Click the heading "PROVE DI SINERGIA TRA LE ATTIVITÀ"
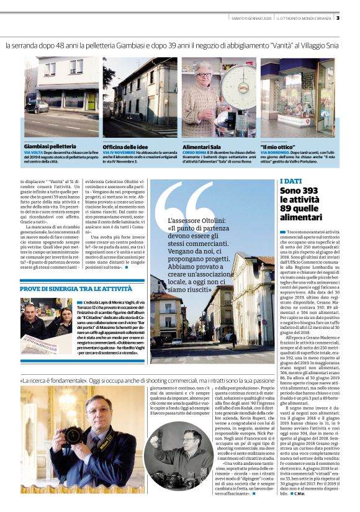click(x=76, y=289)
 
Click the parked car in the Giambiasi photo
click(x=36, y=106)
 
